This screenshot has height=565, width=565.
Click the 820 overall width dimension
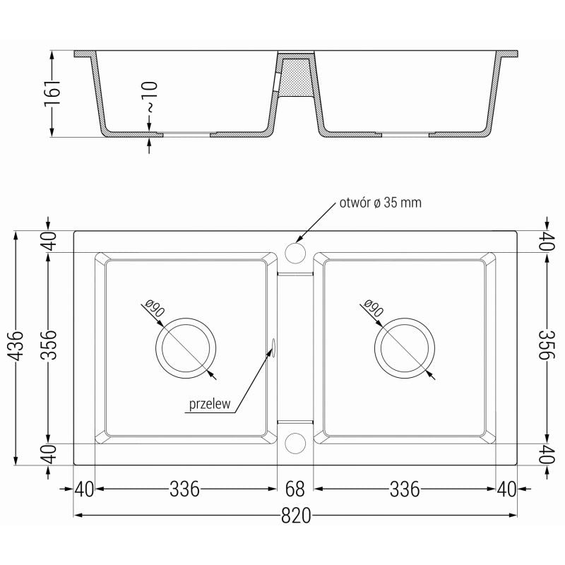[x=297, y=516]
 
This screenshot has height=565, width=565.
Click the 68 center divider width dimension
[x=295, y=489]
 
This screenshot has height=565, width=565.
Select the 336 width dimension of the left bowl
[x=184, y=489]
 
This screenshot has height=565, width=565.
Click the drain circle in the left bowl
[x=184, y=348]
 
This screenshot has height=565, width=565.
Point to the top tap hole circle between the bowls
[x=295, y=253]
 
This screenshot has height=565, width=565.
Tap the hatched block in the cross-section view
[x=296, y=76]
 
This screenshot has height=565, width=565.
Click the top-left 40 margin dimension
[x=49, y=242]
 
